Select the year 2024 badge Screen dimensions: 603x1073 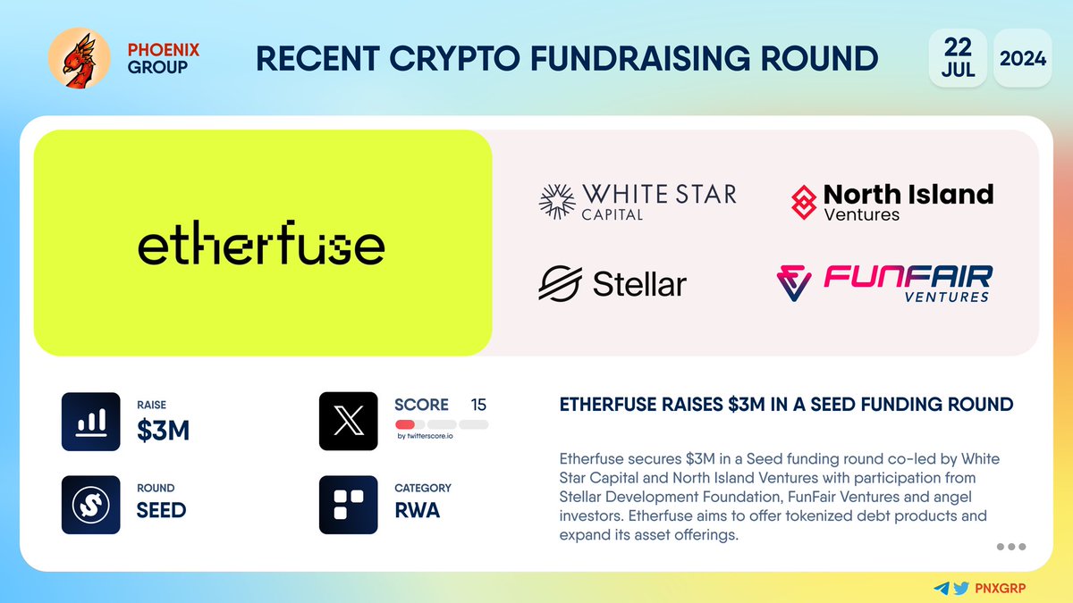1022,58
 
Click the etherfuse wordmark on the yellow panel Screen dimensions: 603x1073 261,244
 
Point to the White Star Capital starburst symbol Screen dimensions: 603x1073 556,201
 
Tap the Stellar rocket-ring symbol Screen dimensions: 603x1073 560,284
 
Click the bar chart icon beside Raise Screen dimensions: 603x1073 90,421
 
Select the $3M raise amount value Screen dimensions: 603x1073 163,431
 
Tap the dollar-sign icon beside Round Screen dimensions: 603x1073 90,504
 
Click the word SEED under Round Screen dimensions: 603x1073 161,510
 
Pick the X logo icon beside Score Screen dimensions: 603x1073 348,421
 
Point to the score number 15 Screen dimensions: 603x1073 478,405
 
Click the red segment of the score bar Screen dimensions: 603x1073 404,424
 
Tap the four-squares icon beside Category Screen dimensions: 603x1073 348,504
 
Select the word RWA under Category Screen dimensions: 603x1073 418,511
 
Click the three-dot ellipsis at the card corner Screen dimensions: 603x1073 1010,547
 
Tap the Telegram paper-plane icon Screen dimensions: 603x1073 941,589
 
